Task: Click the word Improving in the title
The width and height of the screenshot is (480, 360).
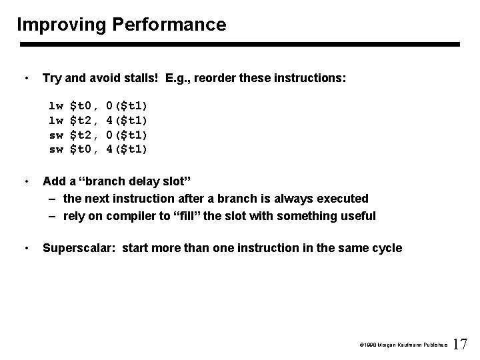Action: (61, 25)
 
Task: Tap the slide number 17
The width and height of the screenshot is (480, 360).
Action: (460, 345)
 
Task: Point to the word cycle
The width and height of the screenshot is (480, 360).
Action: (386, 248)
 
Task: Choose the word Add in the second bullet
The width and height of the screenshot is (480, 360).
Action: (54, 181)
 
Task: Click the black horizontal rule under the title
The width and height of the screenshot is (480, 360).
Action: (240, 45)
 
